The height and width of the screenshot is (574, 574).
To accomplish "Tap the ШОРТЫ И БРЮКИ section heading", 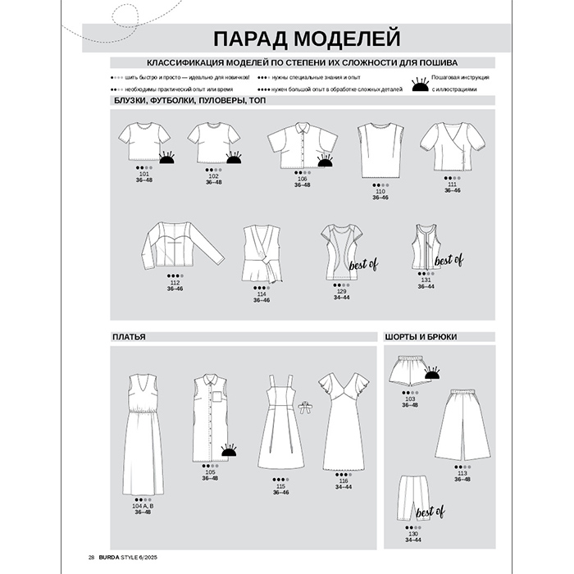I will click(x=420, y=336).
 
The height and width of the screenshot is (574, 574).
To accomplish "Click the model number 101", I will click(x=145, y=175).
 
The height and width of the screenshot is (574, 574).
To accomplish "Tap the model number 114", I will click(x=262, y=294).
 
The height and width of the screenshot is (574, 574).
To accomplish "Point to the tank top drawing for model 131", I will click(x=424, y=247).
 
